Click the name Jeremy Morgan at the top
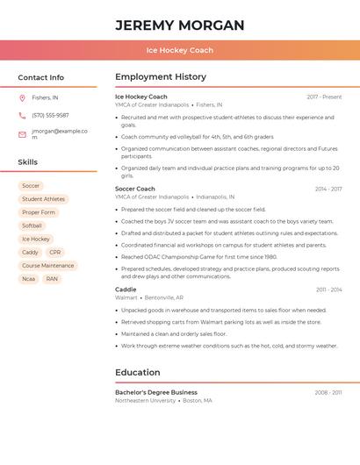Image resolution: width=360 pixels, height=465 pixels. click(179, 25)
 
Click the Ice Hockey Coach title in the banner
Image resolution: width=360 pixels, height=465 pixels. click(179, 50)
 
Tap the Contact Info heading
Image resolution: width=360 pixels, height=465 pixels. click(41, 77)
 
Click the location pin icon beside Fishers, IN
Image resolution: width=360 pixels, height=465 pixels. click(22, 98)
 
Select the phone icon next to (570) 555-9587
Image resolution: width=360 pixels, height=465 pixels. click(22, 115)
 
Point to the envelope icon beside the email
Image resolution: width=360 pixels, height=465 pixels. click(22, 134)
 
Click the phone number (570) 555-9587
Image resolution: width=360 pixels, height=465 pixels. click(50, 115)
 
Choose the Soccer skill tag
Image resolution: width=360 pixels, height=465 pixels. click(31, 186)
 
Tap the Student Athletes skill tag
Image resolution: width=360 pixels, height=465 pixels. click(43, 199)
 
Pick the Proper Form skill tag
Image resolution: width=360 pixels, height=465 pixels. click(39, 212)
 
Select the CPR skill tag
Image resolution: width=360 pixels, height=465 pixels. click(55, 252)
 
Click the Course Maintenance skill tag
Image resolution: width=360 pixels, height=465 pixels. click(48, 265)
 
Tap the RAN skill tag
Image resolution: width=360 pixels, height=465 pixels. click(53, 279)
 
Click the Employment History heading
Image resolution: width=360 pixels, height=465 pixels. click(160, 77)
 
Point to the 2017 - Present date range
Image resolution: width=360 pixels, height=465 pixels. click(324, 97)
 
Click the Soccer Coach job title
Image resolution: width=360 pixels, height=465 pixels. click(134, 189)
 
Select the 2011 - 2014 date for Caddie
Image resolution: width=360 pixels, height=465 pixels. click(328, 290)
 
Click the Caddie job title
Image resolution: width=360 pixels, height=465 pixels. click(126, 290)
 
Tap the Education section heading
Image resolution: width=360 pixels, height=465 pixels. click(137, 372)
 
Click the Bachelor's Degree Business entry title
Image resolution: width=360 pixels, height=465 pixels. click(155, 392)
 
